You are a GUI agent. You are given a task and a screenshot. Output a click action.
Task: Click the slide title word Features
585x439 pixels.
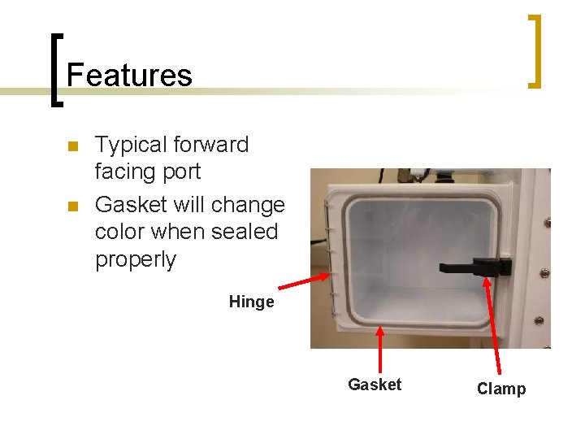pos(129,75)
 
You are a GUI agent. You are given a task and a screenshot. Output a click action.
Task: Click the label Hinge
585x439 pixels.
pos(251,302)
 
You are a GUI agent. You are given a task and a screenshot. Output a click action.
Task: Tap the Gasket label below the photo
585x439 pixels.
pos(374,385)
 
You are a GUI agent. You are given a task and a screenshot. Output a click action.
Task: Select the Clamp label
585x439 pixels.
pos(500,389)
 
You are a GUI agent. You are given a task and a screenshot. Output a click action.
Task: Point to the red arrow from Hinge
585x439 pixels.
pos(305,280)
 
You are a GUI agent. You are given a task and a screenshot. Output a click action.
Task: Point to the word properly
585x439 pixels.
pos(135,259)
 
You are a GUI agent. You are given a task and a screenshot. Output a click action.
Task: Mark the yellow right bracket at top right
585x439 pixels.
pos(535,50)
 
